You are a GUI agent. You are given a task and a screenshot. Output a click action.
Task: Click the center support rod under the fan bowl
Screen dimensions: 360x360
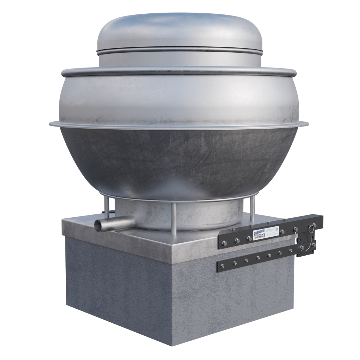pos(174,219)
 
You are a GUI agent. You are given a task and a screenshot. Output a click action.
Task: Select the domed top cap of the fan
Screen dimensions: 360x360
pos(179,32)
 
